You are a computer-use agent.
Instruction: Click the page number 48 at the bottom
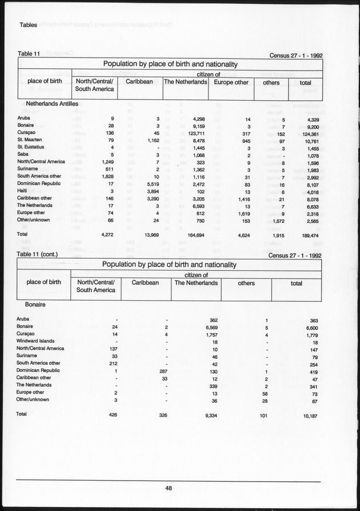169,488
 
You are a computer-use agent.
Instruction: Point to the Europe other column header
231,82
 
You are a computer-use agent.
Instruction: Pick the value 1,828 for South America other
110,176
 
